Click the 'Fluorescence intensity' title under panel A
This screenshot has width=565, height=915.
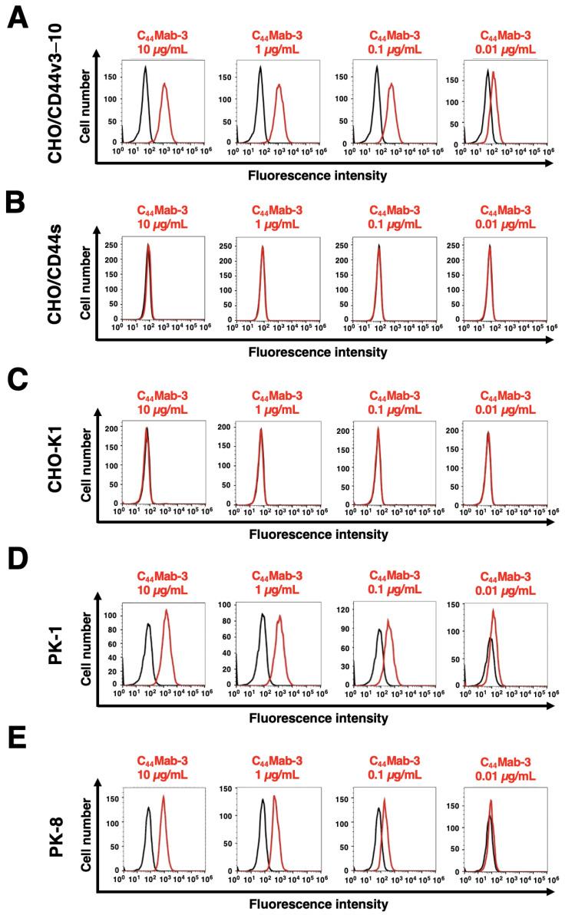click(317, 175)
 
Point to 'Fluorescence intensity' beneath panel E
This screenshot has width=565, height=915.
click(317, 904)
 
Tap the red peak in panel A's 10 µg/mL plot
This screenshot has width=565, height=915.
click(164, 85)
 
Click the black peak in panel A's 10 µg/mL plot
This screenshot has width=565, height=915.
click(145, 68)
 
